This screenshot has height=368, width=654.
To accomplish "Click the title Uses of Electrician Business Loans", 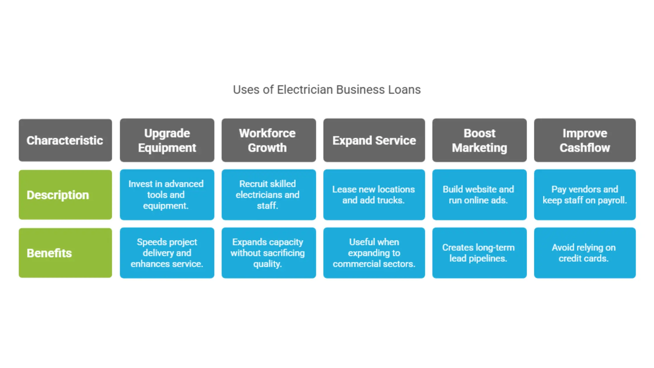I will coord(327,90).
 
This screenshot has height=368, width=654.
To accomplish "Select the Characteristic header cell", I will coord(65,140).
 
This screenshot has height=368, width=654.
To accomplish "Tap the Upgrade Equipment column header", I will coord(167,140).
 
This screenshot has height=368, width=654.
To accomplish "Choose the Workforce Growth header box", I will coord(269,140).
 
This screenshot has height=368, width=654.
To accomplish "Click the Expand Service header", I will coord(374,140).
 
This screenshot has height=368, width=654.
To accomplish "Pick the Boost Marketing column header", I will coord(479,140).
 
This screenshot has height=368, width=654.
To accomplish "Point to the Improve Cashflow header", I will coord(585,140).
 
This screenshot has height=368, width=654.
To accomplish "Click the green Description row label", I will coord(65,195).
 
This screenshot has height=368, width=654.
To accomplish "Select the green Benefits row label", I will coord(65,253).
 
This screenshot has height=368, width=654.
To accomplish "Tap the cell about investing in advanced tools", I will coord(167,195).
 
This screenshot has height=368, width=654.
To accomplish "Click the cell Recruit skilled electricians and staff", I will coord(269,195).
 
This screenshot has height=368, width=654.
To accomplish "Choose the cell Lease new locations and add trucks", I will coord(374,195).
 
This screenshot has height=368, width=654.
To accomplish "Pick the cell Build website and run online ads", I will coord(479,195).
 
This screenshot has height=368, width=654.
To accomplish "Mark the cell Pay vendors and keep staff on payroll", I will coord(585,195).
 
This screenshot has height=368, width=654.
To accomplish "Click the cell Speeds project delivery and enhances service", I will coord(167,253).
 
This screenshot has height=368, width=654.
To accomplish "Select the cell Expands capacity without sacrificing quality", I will coord(269,253).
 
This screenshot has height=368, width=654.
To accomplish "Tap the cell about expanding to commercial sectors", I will coord(374,253).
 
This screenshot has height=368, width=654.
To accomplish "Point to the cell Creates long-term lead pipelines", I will coord(479,253).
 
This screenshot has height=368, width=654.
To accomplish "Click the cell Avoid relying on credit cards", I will coord(585,253).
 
